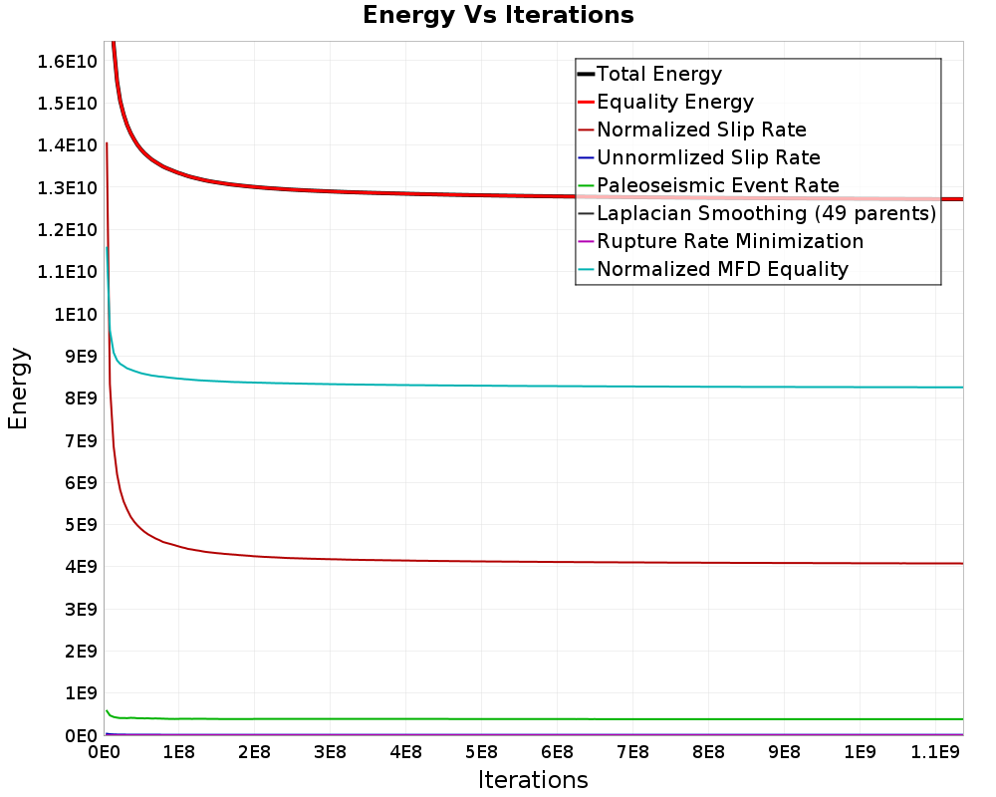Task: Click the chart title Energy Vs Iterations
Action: click(498, 16)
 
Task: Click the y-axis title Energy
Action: click(18, 389)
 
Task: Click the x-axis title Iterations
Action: click(533, 779)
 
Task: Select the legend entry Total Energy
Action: click(658, 74)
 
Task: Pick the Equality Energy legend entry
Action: click(674, 102)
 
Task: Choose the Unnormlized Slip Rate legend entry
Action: click(708, 157)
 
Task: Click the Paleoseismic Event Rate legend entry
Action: click(717, 185)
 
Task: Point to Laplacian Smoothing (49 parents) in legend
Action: click(765, 213)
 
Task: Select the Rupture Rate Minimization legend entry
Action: click(729, 241)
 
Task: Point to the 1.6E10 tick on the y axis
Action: click(67, 62)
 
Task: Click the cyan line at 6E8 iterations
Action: click(557, 386)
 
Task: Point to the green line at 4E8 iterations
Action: click(405, 718)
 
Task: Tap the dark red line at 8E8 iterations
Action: click(708, 563)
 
